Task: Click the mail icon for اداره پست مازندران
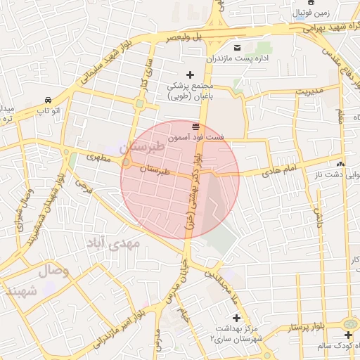coord(237,47)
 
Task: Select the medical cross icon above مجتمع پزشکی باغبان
coord(189,74)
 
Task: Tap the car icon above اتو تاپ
coord(47,100)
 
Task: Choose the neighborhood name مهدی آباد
coord(113,243)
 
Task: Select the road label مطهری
coord(99,158)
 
